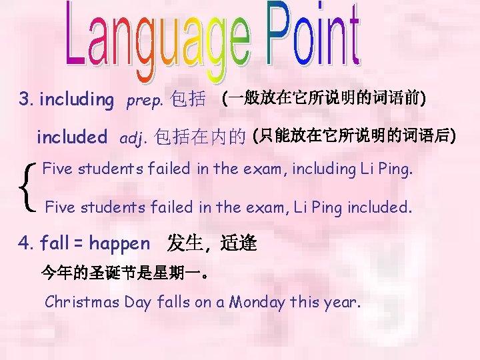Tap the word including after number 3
pos(77,100)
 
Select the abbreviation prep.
pos(144,101)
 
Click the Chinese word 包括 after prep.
pos(188,100)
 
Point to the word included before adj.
pos(71,137)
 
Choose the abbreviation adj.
pos(132,139)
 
